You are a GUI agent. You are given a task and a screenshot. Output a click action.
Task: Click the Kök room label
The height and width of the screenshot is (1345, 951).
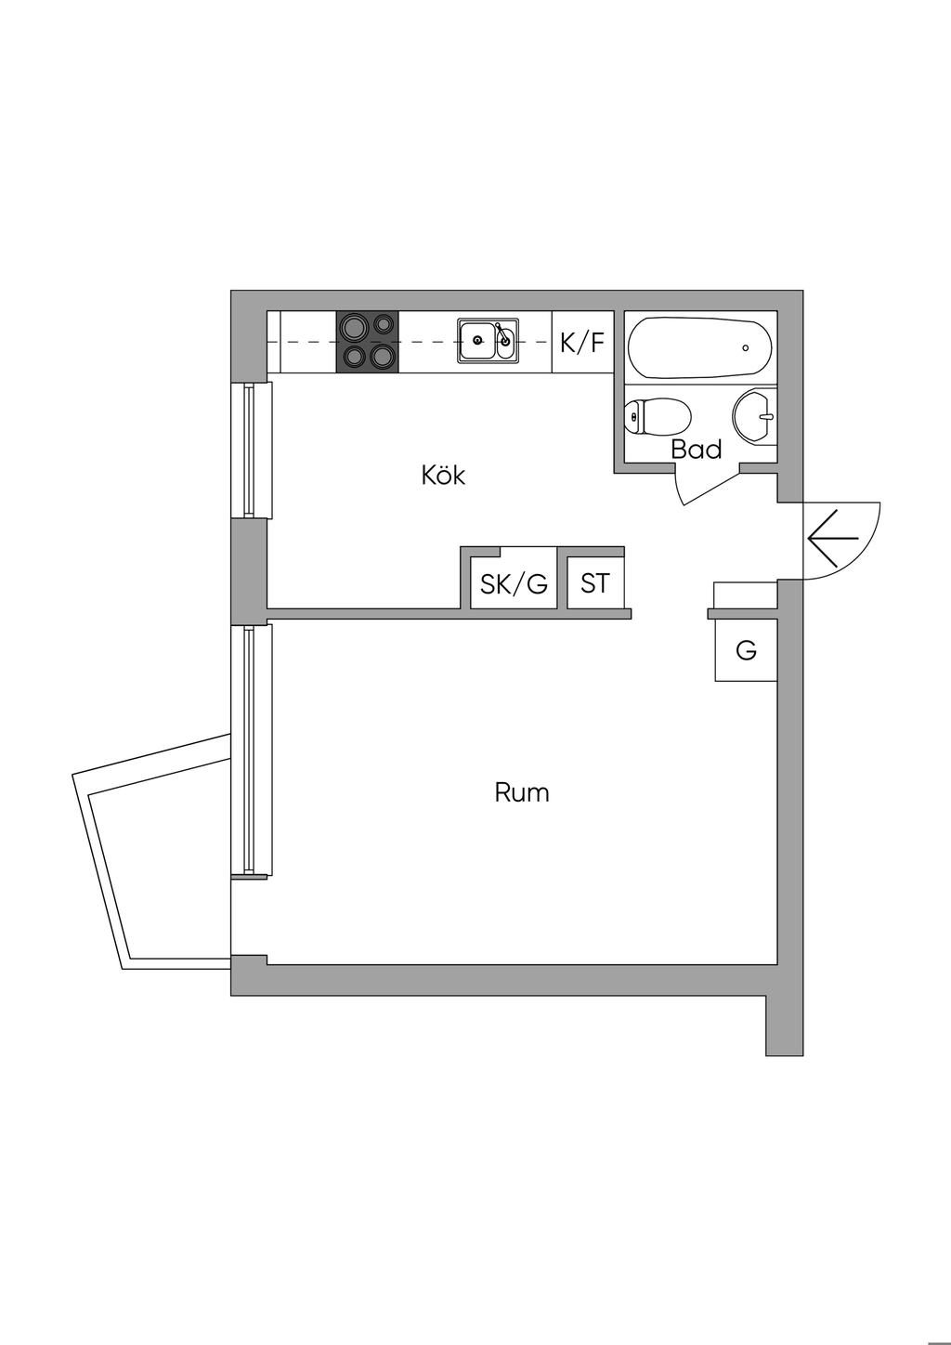(x=443, y=476)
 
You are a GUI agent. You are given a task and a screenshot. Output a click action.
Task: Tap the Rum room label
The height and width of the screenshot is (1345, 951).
(x=521, y=792)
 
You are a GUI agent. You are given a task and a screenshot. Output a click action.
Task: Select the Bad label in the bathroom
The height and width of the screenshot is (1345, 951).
(x=697, y=450)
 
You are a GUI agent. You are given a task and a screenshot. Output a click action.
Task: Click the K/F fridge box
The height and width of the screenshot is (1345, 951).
(x=582, y=343)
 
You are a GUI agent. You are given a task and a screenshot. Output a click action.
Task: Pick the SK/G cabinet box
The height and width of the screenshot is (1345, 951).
(x=514, y=583)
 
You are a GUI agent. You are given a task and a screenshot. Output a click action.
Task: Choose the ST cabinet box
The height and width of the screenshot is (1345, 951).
(x=594, y=583)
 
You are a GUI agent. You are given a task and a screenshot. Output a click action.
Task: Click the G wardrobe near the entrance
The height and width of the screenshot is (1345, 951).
(x=746, y=650)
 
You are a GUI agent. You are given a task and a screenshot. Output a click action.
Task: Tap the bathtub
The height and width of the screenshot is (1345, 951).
(x=699, y=347)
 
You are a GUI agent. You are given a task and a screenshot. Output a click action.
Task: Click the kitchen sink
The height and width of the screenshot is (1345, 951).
(x=488, y=341)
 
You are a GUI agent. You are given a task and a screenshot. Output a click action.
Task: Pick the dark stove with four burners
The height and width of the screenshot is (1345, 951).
(x=367, y=342)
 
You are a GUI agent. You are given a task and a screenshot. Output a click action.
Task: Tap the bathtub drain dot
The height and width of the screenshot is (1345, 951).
(x=746, y=348)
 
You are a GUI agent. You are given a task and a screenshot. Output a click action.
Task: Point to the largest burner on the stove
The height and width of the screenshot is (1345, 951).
(x=353, y=327)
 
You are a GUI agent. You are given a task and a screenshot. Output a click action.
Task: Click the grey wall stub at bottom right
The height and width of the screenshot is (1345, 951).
(x=784, y=1022)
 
